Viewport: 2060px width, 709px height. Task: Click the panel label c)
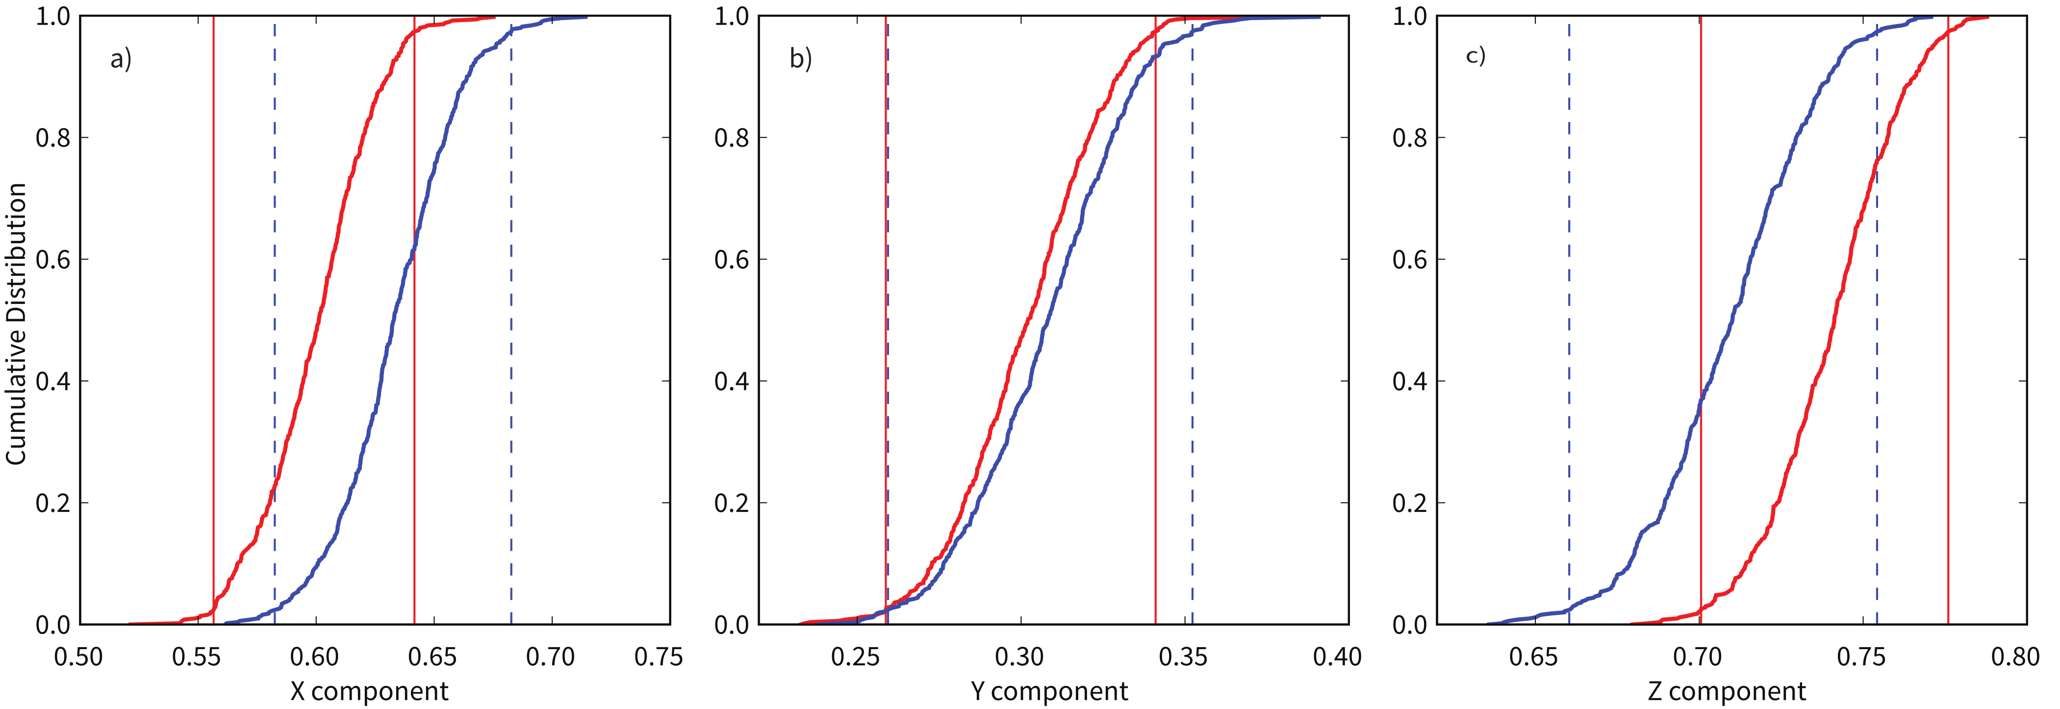(x=1475, y=56)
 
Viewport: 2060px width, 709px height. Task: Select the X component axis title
(x=369, y=691)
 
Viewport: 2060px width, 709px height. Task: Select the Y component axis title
(x=1049, y=691)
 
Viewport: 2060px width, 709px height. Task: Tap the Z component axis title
(x=1727, y=691)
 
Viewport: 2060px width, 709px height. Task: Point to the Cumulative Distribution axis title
(x=16, y=324)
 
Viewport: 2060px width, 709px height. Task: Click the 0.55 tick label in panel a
(x=197, y=657)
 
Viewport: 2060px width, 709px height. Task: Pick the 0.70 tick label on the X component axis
(x=550, y=657)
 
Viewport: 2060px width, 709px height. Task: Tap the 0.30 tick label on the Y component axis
(x=1019, y=657)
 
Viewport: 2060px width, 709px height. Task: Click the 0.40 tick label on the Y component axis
(x=1337, y=657)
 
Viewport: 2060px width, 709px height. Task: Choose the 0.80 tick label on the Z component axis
(x=2015, y=657)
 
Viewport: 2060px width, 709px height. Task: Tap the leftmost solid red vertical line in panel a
(x=213, y=320)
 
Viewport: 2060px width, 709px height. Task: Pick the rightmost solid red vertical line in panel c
(x=1948, y=320)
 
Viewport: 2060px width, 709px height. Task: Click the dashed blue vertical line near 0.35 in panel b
(x=1193, y=320)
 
